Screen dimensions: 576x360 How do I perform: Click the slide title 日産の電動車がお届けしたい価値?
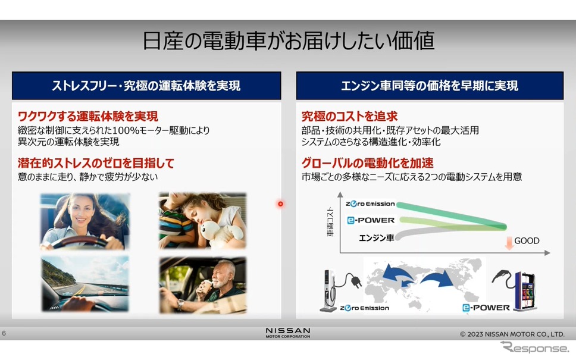pyautogui.click(x=289, y=40)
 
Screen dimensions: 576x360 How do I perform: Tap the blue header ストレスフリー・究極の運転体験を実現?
pyautogui.click(x=146, y=86)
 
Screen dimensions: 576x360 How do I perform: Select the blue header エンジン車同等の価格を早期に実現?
pyautogui.click(x=430, y=86)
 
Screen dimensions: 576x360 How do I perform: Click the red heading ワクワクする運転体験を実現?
pyautogui.click(x=88, y=117)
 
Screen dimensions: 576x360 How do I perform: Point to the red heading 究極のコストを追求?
pyautogui.click(x=350, y=117)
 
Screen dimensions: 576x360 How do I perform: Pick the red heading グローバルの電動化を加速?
pyautogui.click(x=367, y=162)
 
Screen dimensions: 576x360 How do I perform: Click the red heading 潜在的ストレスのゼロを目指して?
pyautogui.click(x=96, y=162)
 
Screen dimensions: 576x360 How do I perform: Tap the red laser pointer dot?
pyautogui.click(x=280, y=204)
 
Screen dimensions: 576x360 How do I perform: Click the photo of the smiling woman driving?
pyautogui.click(x=85, y=221)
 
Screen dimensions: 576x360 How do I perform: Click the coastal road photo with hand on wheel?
pyautogui.click(x=85, y=284)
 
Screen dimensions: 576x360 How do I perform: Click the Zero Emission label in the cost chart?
pyautogui.click(x=370, y=204)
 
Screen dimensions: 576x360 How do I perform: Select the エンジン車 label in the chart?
pyautogui.click(x=377, y=238)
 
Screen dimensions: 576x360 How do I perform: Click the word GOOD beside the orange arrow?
pyautogui.click(x=527, y=240)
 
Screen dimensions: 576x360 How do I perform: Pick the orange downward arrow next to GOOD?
pyautogui.click(x=509, y=243)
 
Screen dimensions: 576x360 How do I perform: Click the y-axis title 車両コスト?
pyautogui.click(x=330, y=221)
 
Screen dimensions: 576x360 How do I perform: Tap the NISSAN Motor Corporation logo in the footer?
pyautogui.click(x=288, y=333)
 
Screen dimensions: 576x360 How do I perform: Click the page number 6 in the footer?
pyautogui.click(x=4, y=333)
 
